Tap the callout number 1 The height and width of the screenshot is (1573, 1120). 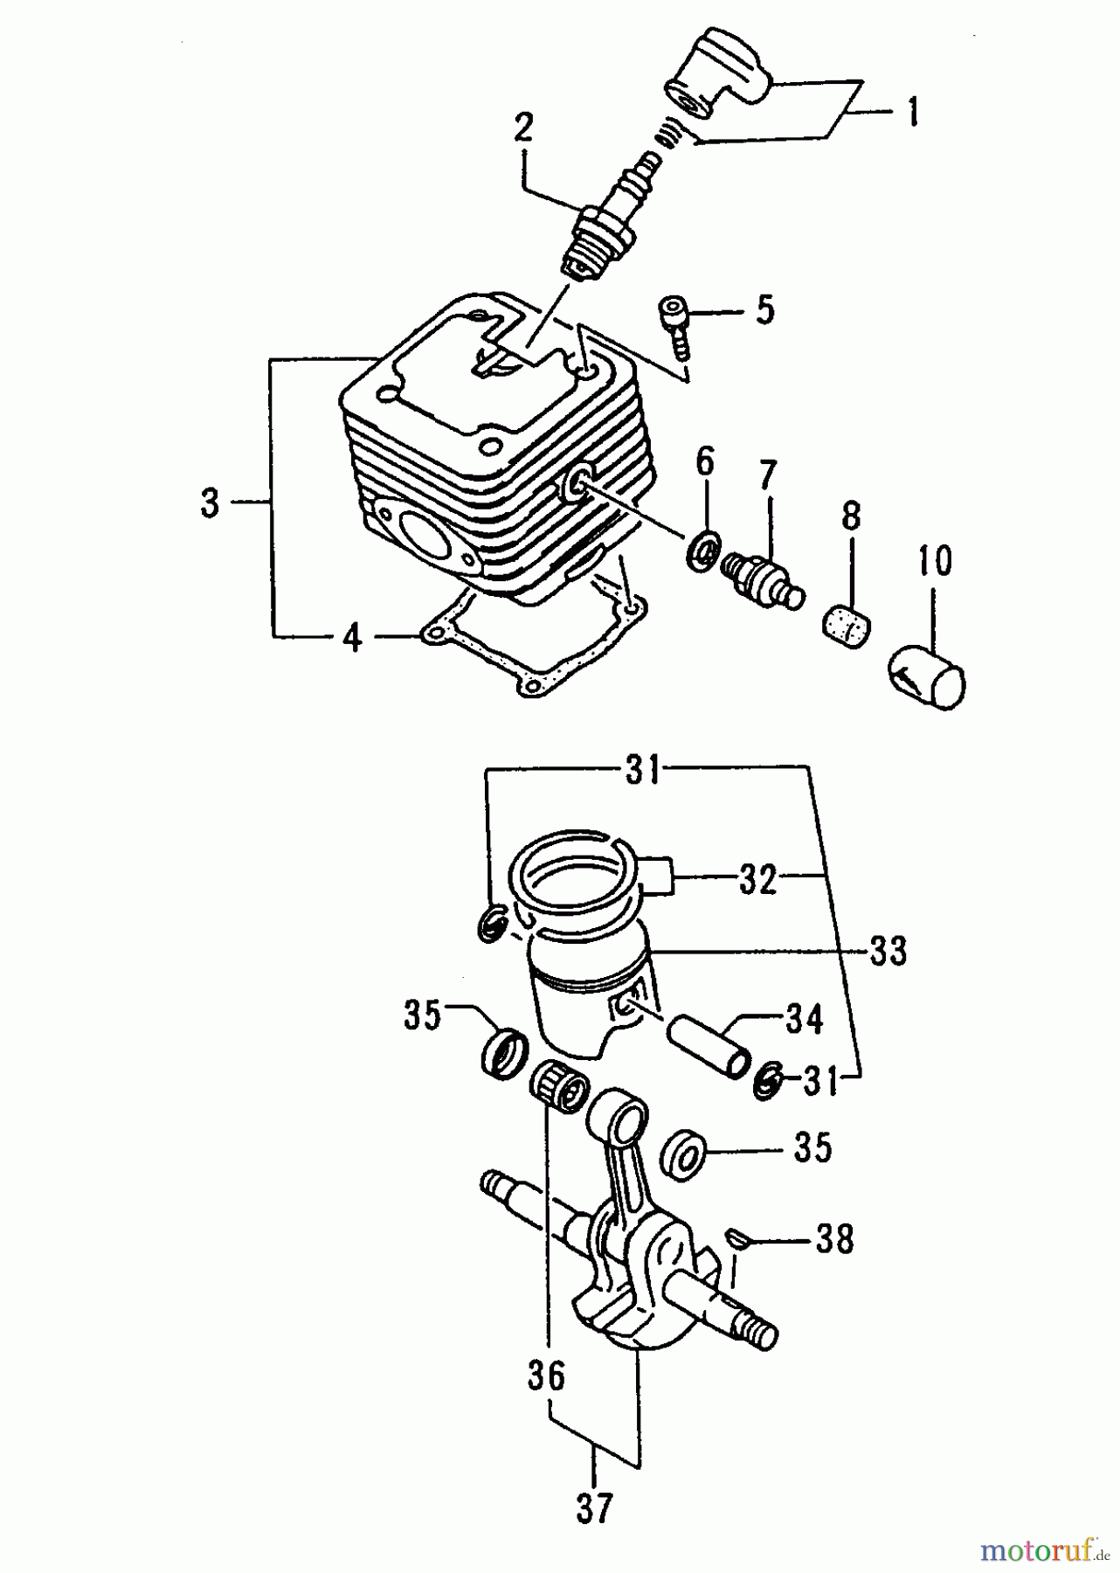point(911,113)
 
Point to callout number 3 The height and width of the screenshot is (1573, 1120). point(210,503)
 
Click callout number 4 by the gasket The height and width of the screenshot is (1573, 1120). point(351,639)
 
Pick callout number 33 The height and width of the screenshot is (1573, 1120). point(888,951)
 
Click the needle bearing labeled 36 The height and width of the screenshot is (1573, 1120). point(557,1083)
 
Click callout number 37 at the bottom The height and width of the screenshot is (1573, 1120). point(593,1507)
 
